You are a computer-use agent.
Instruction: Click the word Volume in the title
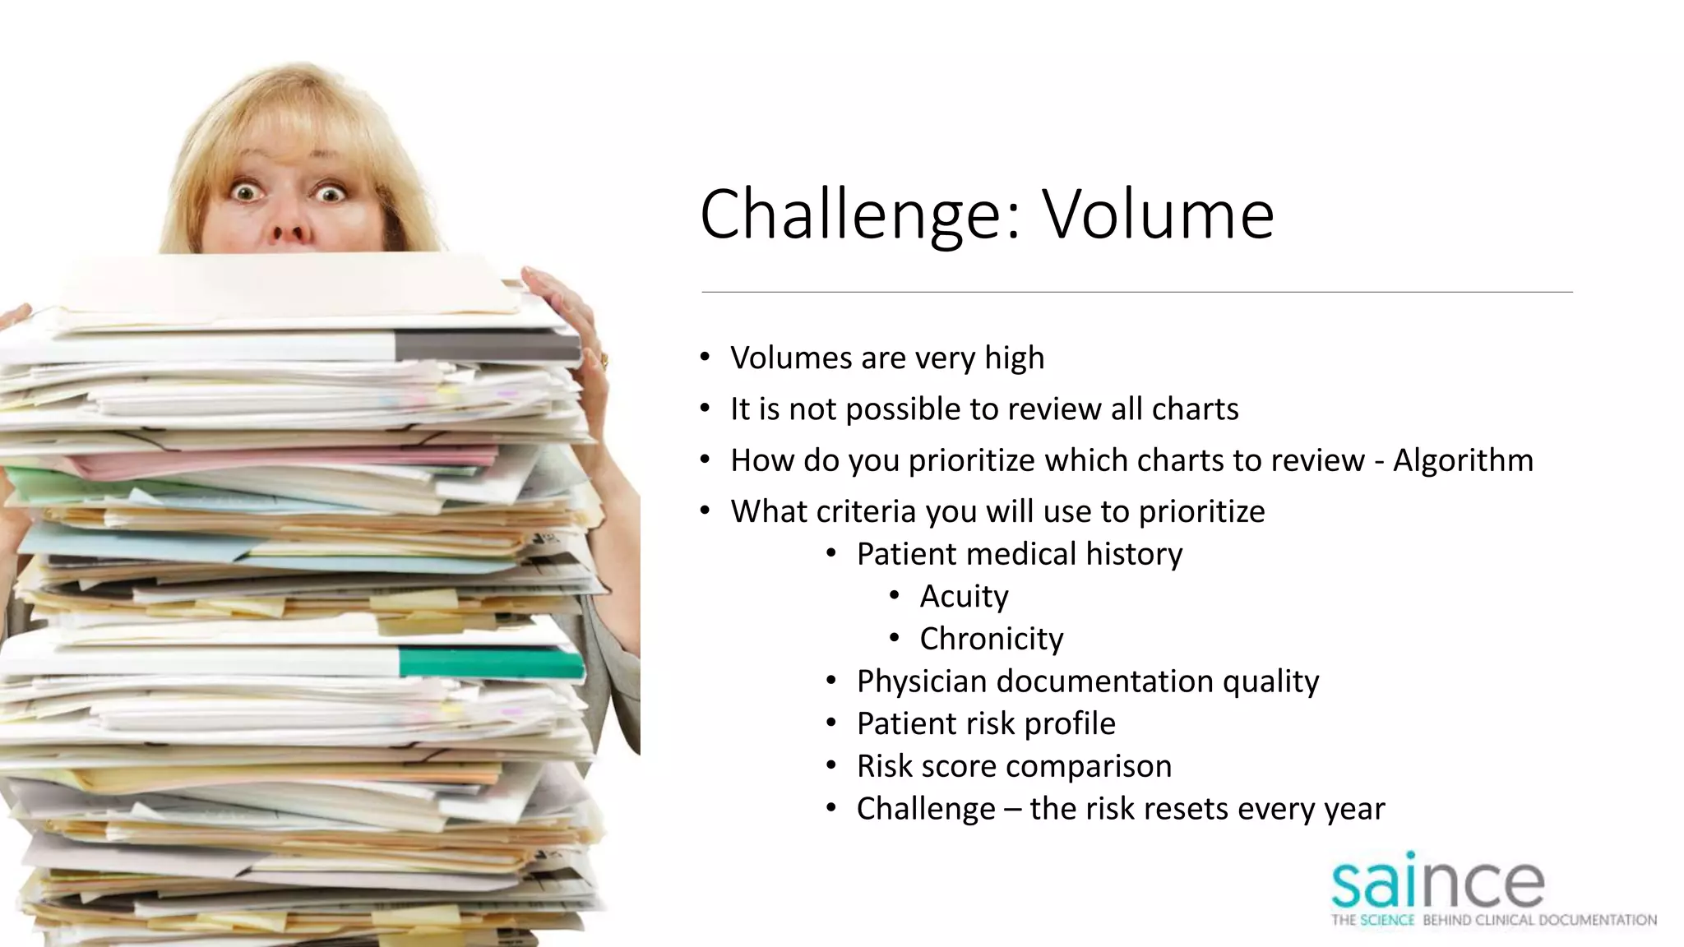pyautogui.click(x=1159, y=215)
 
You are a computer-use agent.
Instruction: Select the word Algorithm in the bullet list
pyautogui.click(x=1463, y=460)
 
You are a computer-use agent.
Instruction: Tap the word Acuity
pyautogui.click(x=964, y=597)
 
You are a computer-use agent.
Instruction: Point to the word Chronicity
pyautogui.click(x=991, y=639)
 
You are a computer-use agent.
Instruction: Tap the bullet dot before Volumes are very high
pyautogui.click(x=705, y=357)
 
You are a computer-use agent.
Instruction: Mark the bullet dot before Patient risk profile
pyautogui.click(x=831, y=723)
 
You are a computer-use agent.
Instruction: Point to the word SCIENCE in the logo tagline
pyautogui.click(x=1387, y=921)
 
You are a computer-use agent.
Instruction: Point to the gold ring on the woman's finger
pyautogui.click(x=604, y=358)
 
